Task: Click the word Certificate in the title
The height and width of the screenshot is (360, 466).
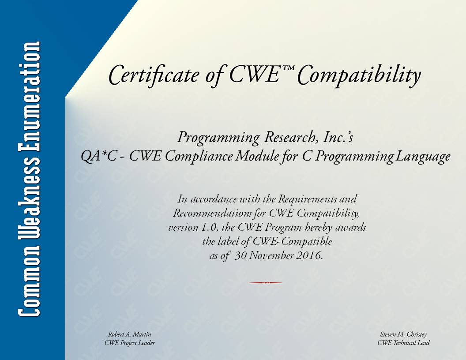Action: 154,75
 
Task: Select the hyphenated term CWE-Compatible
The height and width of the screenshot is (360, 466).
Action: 293,241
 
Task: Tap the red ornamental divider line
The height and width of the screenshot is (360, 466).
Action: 265,283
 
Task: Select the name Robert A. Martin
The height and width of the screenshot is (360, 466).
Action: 130,334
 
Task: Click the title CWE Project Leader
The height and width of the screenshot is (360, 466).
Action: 130,343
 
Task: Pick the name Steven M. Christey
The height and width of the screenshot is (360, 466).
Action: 403,334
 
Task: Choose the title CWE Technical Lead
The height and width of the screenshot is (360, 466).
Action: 404,343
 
